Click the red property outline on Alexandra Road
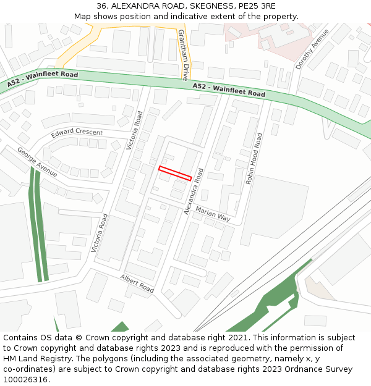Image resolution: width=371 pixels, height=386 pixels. (175, 173)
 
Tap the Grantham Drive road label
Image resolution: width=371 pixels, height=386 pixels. (184, 56)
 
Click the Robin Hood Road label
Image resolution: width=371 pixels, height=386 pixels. (254, 159)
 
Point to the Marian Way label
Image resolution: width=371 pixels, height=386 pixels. (213, 214)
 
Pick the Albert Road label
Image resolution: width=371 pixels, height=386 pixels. (137, 283)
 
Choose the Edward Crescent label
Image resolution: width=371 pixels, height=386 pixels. (77, 133)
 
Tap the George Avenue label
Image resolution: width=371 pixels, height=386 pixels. (37, 162)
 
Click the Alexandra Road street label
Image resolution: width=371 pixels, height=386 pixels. (194, 191)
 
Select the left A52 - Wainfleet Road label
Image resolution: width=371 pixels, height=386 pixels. (43, 78)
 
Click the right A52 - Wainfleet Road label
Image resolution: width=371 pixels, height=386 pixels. (229, 90)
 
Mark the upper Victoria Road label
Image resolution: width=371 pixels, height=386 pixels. (134, 130)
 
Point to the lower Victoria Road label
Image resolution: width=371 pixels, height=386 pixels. (99, 233)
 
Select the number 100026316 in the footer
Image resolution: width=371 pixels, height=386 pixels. (25, 380)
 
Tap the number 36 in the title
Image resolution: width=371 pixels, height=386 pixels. (101, 6)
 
